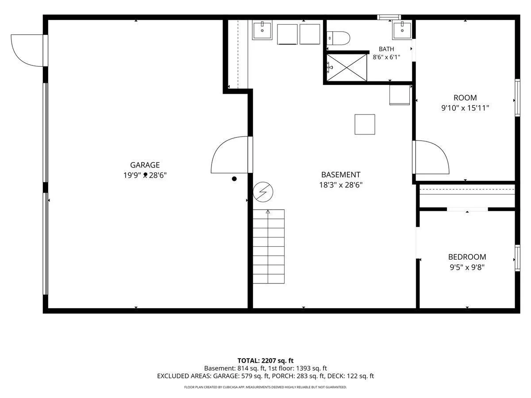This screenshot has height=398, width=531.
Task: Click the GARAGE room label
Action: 145,165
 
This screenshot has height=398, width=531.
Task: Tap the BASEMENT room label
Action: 341,175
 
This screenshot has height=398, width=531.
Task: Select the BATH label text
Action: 386,49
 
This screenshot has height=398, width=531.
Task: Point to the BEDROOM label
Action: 467,257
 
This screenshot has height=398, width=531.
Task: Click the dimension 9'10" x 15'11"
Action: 465,108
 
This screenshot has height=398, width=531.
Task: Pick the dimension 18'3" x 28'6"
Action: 341,185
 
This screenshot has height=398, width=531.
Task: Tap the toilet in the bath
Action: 339,38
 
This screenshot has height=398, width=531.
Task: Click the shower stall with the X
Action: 346,67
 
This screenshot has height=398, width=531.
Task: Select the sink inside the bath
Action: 402,30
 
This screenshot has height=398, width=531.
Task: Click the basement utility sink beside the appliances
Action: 262,30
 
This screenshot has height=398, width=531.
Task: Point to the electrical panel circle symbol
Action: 263,192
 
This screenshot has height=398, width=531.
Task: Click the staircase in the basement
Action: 269,246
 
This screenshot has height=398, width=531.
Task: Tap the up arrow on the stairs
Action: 268,212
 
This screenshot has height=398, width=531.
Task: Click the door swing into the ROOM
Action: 431,157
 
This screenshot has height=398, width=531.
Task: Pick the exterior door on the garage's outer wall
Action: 29,50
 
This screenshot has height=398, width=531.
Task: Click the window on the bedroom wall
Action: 517,258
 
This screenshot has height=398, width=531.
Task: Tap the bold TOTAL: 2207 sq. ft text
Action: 265,360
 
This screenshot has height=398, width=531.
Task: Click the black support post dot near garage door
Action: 234,179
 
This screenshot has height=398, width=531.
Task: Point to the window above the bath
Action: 389,17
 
